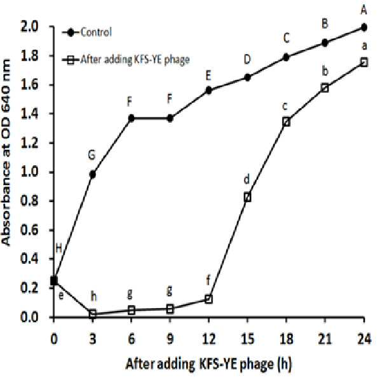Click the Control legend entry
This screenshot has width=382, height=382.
click(x=86, y=32)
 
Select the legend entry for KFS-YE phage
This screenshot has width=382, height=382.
click(x=126, y=60)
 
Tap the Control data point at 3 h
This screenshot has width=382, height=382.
click(x=93, y=174)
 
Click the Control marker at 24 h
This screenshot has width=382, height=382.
click(x=364, y=27)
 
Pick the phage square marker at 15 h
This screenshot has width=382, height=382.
click(x=247, y=197)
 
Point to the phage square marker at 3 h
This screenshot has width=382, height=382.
click(x=93, y=314)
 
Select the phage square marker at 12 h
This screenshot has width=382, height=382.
click(x=208, y=299)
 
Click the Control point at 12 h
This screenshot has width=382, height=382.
click(x=208, y=90)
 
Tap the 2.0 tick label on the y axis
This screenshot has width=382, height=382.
click(x=30, y=27)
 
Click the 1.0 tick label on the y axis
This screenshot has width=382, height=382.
click(x=30, y=172)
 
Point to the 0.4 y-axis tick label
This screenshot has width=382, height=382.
click(x=30, y=259)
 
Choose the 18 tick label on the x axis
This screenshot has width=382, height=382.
click(x=286, y=339)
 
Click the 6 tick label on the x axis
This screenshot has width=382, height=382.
click(x=132, y=339)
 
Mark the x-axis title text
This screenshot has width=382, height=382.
click(x=208, y=364)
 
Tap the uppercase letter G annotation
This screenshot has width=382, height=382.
click(x=92, y=155)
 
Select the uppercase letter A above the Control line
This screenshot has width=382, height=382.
click(x=364, y=10)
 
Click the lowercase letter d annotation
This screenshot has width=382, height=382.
click(x=247, y=179)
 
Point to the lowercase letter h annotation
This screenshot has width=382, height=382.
click(x=93, y=297)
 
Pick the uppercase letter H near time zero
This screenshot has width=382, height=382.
click(x=58, y=249)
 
